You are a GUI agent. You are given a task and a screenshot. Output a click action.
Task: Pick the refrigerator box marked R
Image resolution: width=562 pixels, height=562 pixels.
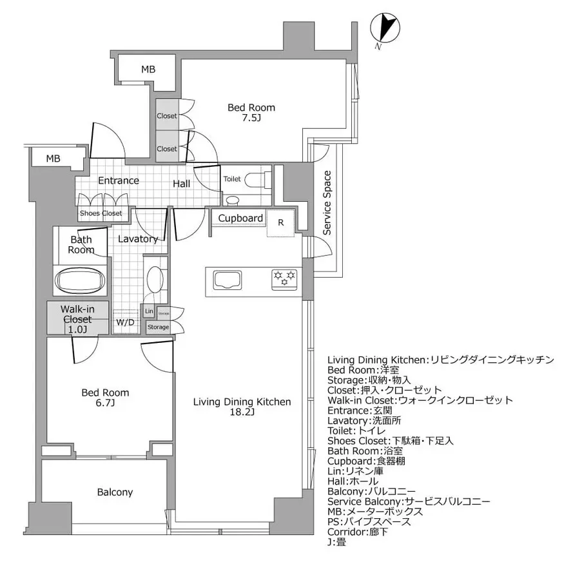(280, 222)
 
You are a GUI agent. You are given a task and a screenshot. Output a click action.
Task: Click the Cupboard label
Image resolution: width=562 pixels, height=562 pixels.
(240, 218)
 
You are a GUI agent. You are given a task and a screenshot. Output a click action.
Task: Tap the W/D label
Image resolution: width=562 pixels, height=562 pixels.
(124, 322)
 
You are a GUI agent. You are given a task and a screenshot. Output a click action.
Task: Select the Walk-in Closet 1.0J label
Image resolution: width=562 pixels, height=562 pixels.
(77, 319)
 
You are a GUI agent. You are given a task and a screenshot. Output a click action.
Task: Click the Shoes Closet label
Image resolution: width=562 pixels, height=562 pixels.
(101, 213)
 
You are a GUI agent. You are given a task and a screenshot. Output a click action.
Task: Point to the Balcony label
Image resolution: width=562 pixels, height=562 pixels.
(115, 492)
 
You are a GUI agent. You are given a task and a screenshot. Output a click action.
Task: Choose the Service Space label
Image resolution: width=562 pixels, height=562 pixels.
(327, 202)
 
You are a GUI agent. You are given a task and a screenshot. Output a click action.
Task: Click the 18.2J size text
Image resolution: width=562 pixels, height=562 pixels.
(242, 413)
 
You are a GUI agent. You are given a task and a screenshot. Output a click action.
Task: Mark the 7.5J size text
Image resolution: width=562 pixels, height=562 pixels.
(251, 119)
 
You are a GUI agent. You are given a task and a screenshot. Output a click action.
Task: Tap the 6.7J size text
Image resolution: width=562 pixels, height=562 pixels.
(104, 403)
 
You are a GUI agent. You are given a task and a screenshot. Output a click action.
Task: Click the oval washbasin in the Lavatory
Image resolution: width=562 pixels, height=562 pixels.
(155, 280)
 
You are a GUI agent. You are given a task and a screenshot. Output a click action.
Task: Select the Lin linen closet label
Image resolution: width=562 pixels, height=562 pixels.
(149, 312)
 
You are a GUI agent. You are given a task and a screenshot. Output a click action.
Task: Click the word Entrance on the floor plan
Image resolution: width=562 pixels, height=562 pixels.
(118, 180)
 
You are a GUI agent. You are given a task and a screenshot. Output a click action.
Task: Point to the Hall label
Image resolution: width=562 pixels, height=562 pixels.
(181, 184)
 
